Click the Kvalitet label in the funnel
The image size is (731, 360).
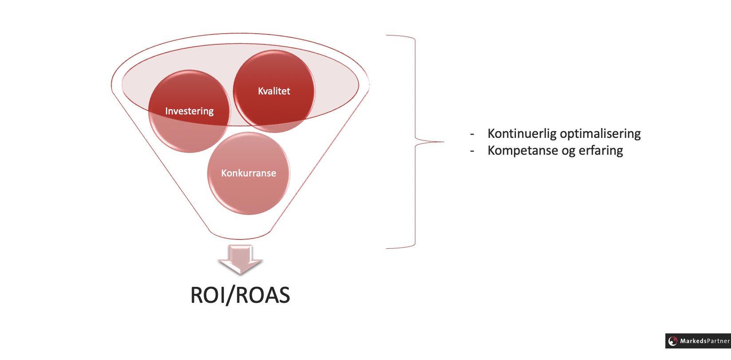tap(274, 91)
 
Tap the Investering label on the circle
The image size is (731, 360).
tap(189, 111)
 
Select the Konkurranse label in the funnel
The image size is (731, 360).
tap(248, 173)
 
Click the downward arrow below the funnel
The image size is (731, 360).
tap(240, 260)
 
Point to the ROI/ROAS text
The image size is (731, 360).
tap(240, 295)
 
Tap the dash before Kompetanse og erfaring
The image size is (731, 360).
tap(472, 151)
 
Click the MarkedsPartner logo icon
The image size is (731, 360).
tap(673, 341)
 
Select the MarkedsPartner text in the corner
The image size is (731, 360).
tap(705, 341)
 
